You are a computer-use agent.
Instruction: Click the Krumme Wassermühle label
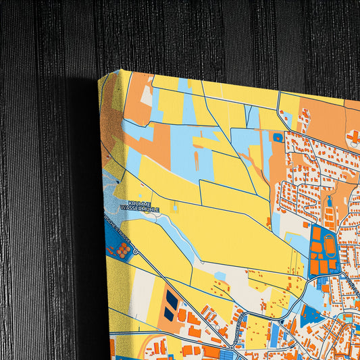[140, 207]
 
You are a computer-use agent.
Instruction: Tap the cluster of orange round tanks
[122, 250]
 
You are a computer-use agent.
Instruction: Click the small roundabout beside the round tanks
[136, 251]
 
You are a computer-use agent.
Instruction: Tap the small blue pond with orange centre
[278, 137]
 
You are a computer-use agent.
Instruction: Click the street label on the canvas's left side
[116, 229]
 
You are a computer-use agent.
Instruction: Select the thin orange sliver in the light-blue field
[197, 161]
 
